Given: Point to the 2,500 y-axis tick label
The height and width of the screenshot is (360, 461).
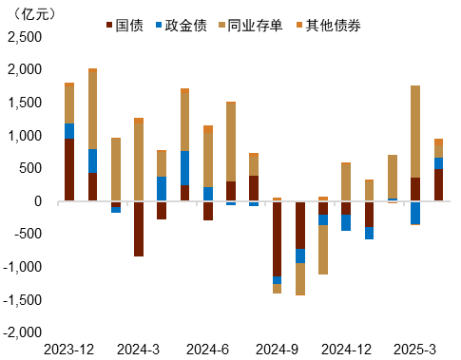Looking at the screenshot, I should [25, 37].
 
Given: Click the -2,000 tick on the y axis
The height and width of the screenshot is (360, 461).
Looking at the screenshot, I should [23, 332].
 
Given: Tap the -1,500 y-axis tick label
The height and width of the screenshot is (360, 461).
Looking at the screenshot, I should [23, 300].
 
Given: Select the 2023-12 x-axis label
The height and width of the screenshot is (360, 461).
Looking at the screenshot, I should [69, 349].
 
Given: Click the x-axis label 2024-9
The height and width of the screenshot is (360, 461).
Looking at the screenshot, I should [277, 349].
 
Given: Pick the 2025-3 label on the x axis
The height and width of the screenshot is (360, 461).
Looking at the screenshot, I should [415, 349].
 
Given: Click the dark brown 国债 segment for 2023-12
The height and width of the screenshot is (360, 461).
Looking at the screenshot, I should [69, 170].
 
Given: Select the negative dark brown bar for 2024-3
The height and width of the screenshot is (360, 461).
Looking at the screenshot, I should [139, 228].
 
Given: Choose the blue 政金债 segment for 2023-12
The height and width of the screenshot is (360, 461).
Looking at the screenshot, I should [69, 131].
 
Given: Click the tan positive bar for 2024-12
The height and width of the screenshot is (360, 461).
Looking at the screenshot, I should [346, 182].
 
